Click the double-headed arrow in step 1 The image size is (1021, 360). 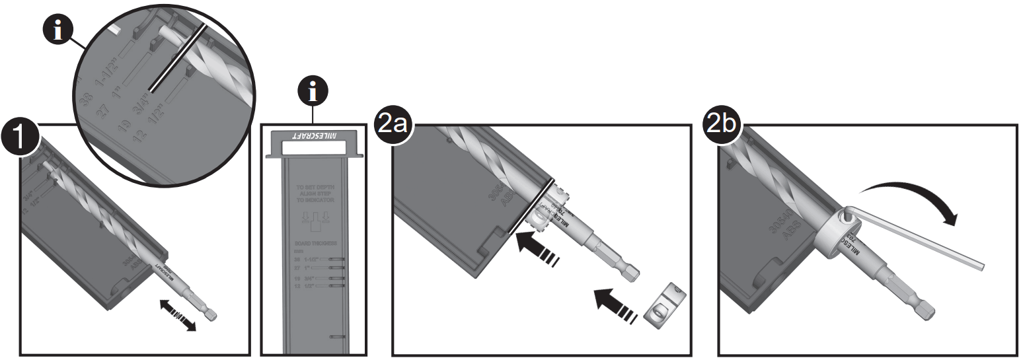tap(178, 315)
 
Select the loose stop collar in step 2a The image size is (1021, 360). tap(664, 308)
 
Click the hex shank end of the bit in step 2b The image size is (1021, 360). tap(925, 311)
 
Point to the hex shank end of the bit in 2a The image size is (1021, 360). tap(631, 271)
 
